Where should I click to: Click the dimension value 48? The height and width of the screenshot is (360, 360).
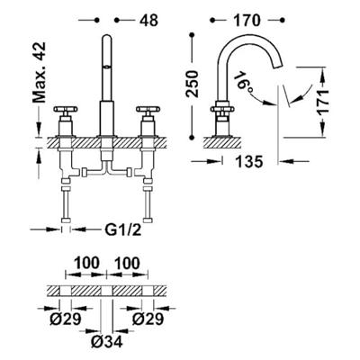pyautogui.click(x=148, y=21)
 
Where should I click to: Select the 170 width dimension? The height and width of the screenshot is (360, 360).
pyautogui.click(x=247, y=21)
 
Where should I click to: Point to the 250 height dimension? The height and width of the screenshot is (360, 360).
pyautogui.click(x=193, y=84)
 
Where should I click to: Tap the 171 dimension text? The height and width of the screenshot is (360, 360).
pyautogui.click(x=323, y=102)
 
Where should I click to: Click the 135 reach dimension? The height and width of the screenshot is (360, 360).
pyautogui.click(x=249, y=162)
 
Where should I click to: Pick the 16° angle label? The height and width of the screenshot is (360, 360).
pyautogui.click(x=243, y=81)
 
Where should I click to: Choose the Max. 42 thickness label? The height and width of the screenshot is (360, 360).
pyautogui.click(x=40, y=72)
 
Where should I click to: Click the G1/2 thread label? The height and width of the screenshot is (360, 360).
pyautogui.click(x=123, y=230)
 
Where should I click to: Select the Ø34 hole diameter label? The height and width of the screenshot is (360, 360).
pyautogui.click(x=107, y=341)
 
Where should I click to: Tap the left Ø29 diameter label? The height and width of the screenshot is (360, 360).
pyautogui.click(x=66, y=319)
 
